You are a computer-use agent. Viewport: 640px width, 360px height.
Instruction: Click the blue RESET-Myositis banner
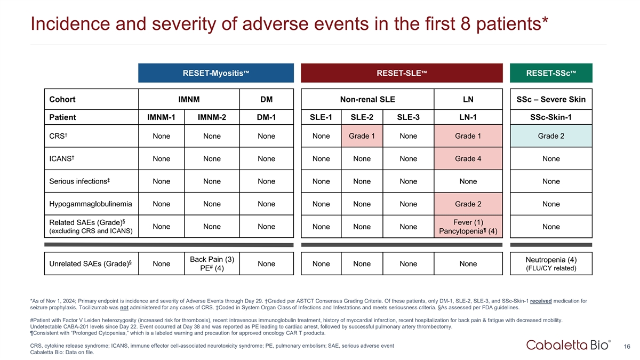click(216, 73)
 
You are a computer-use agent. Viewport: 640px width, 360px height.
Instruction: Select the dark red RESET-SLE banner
click(402, 73)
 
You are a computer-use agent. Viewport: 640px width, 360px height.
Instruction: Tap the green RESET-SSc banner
click(551, 73)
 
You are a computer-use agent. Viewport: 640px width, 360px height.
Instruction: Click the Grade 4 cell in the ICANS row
click(468, 158)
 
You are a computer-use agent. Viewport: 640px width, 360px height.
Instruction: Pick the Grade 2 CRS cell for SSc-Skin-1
click(551, 136)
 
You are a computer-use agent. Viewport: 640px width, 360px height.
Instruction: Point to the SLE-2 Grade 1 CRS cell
click(362, 136)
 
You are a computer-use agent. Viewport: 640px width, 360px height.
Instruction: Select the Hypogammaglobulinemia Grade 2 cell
click(468, 204)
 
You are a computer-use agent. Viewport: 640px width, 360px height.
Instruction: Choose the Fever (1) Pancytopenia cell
click(468, 227)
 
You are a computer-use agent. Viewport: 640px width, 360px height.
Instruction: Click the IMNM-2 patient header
click(212, 117)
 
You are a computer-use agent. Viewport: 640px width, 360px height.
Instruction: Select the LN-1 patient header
click(468, 117)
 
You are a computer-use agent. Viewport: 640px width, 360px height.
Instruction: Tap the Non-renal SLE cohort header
click(367, 99)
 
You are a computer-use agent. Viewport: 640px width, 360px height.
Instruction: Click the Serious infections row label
click(79, 181)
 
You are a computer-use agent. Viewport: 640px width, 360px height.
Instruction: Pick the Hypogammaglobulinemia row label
click(91, 204)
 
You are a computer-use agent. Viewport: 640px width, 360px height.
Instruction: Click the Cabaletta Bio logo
click(569, 345)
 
